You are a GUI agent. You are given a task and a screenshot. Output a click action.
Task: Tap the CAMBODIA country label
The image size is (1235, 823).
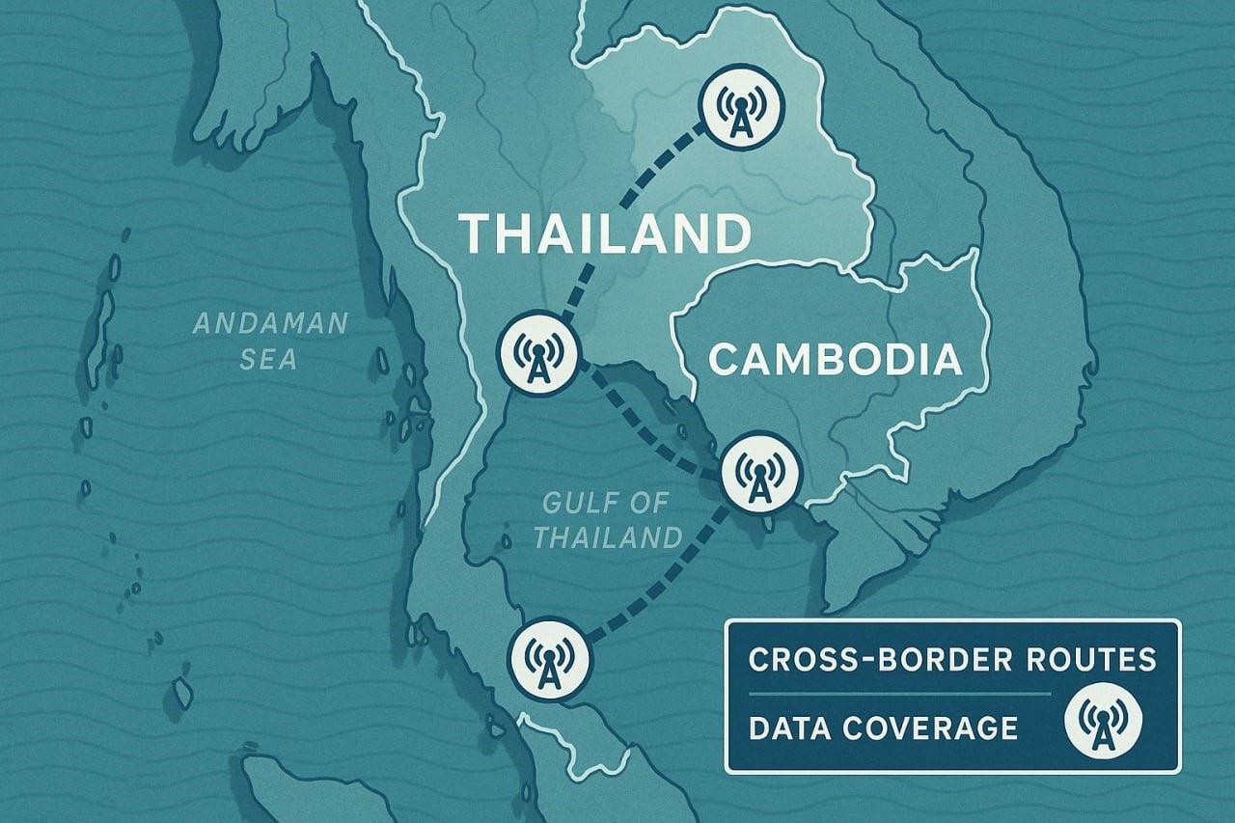836,360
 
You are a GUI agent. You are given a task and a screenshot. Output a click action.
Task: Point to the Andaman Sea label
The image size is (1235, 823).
270,341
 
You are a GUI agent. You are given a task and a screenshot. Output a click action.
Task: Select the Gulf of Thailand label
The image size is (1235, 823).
607,520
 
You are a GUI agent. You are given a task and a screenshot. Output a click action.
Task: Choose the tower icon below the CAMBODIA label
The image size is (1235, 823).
761,472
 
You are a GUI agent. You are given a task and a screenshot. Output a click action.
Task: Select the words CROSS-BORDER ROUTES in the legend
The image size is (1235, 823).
952,659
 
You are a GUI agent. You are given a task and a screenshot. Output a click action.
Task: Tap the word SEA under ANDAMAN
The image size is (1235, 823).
270,360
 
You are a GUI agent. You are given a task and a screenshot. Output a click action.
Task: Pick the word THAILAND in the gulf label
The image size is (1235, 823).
608,537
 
